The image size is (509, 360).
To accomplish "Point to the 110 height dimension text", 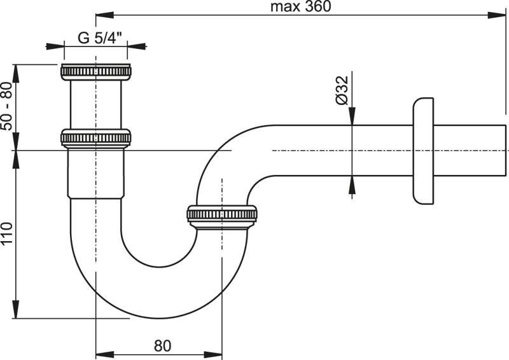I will pyautogui.click(x=7, y=234).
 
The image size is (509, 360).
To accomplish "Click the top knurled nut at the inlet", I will pyautogui.click(x=96, y=71).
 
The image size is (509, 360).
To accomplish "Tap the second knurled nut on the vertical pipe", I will pyautogui.click(x=96, y=138).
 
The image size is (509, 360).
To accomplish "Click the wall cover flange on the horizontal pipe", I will pyautogui.click(x=422, y=151).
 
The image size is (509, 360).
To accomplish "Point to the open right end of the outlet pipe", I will pyautogui.click(x=506, y=151).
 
